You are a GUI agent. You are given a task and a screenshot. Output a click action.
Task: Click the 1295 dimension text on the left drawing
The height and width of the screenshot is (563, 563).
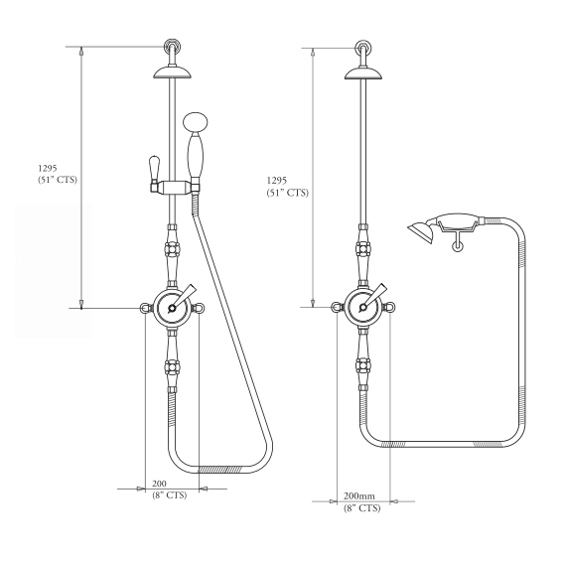coord(48,168)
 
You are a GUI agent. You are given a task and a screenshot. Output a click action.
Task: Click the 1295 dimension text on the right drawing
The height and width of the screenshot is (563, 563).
coord(277,181)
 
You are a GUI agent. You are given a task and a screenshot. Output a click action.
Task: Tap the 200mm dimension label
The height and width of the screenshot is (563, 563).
coord(359,496)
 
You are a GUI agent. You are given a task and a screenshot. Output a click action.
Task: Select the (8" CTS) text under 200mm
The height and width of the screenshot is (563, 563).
coord(361,508)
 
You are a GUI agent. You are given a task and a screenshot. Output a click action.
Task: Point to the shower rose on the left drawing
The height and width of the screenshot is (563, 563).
coord(173,72)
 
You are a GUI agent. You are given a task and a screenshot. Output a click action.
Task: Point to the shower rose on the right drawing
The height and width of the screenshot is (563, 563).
coord(363,73)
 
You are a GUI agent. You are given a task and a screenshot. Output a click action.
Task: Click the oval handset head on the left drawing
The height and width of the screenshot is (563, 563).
coord(196,123)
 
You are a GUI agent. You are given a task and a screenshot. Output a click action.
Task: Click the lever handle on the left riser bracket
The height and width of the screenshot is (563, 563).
coord(154,168)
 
